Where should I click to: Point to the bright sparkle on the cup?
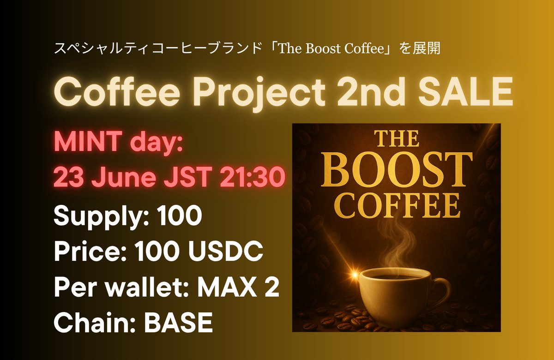coord(355,275)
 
